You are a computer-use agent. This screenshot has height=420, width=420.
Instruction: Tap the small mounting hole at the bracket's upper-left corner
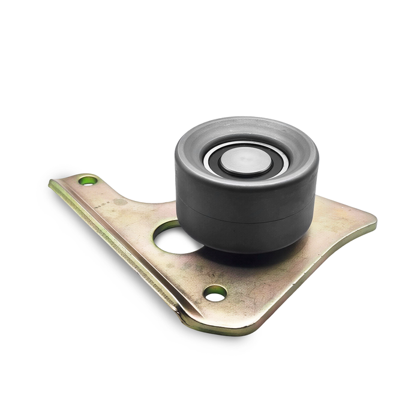click(x=89, y=180)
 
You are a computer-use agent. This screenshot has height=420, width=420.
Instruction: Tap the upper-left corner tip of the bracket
click(x=53, y=182)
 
